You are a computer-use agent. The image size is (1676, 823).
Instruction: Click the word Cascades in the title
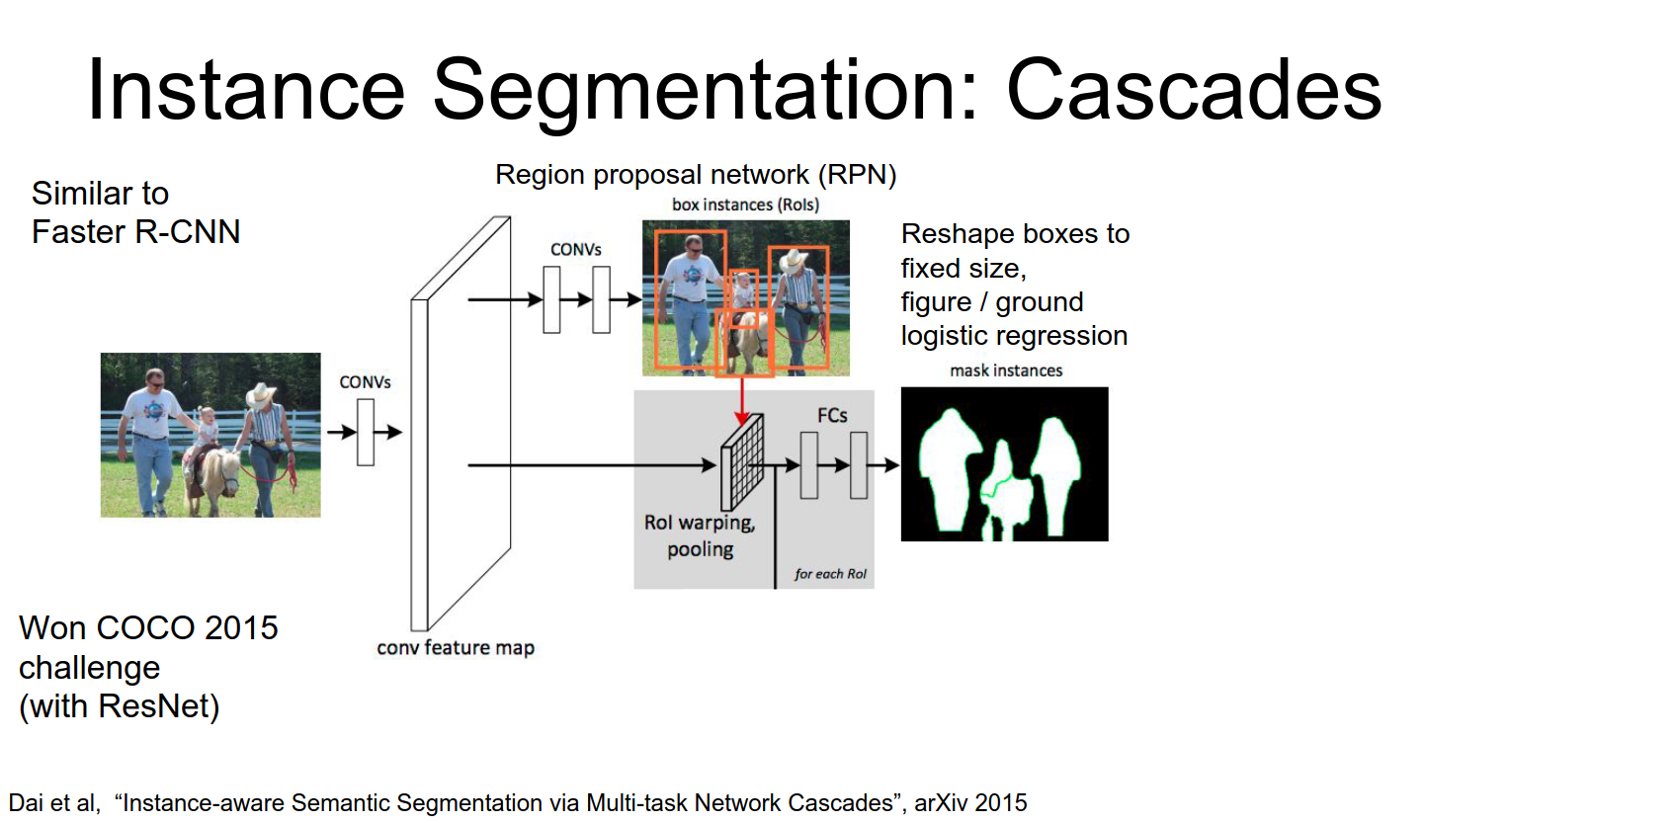[1193, 90]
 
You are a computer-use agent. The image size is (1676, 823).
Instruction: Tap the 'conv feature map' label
[456, 648]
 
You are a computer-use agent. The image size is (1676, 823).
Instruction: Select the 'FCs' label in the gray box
[832, 416]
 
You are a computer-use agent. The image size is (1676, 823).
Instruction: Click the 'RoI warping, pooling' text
[700, 535]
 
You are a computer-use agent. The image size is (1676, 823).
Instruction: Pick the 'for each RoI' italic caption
[830, 574]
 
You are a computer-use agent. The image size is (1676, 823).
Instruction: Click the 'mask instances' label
[1006, 370]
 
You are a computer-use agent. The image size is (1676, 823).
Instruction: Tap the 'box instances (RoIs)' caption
[745, 206]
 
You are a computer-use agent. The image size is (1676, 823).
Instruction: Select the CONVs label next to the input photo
[365, 382]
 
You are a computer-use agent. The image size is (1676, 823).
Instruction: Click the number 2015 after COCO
[242, 628]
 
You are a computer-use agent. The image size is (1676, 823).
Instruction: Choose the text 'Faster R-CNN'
[135, 232]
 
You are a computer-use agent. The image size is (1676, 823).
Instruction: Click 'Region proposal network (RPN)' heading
[696, 175]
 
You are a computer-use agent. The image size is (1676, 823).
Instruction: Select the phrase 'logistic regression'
[1014, 336]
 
